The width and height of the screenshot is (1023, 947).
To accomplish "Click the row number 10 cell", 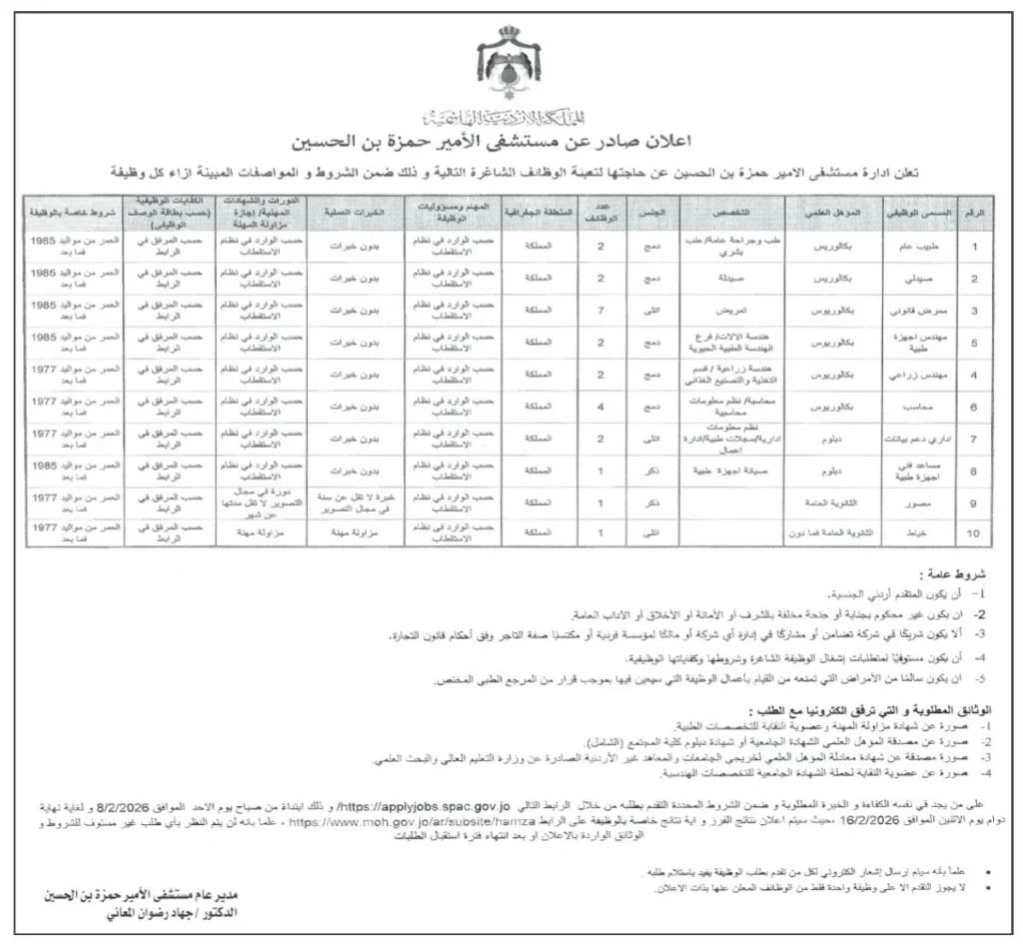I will (975, 535).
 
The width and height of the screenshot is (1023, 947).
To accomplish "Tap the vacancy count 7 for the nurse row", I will (599, 311).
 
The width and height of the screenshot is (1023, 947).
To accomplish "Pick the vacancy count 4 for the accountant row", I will (599, 408).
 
